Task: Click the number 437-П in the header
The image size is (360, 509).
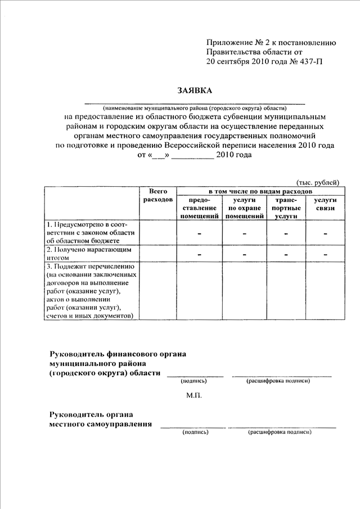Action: [x=309, y=62]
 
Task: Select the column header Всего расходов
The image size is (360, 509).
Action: [x=158, y=196]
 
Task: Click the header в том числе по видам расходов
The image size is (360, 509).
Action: [x=258, y=191]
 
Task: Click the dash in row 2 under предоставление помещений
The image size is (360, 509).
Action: [x=199, y=254]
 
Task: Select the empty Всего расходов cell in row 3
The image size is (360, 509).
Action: [x=158, y=290]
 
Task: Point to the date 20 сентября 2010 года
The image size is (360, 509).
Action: [x=244, y=62]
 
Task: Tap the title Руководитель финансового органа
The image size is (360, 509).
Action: [x=118, y=354]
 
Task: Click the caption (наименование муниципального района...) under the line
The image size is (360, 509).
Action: [x=194, y=107]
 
